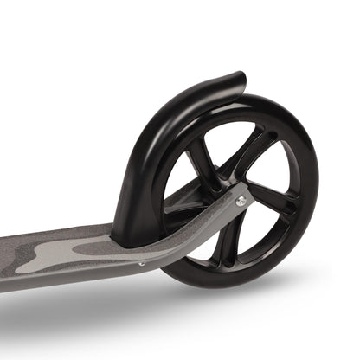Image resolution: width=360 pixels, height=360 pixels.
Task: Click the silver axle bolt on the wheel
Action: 241,200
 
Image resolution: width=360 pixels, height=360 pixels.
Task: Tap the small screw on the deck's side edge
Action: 142,263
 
